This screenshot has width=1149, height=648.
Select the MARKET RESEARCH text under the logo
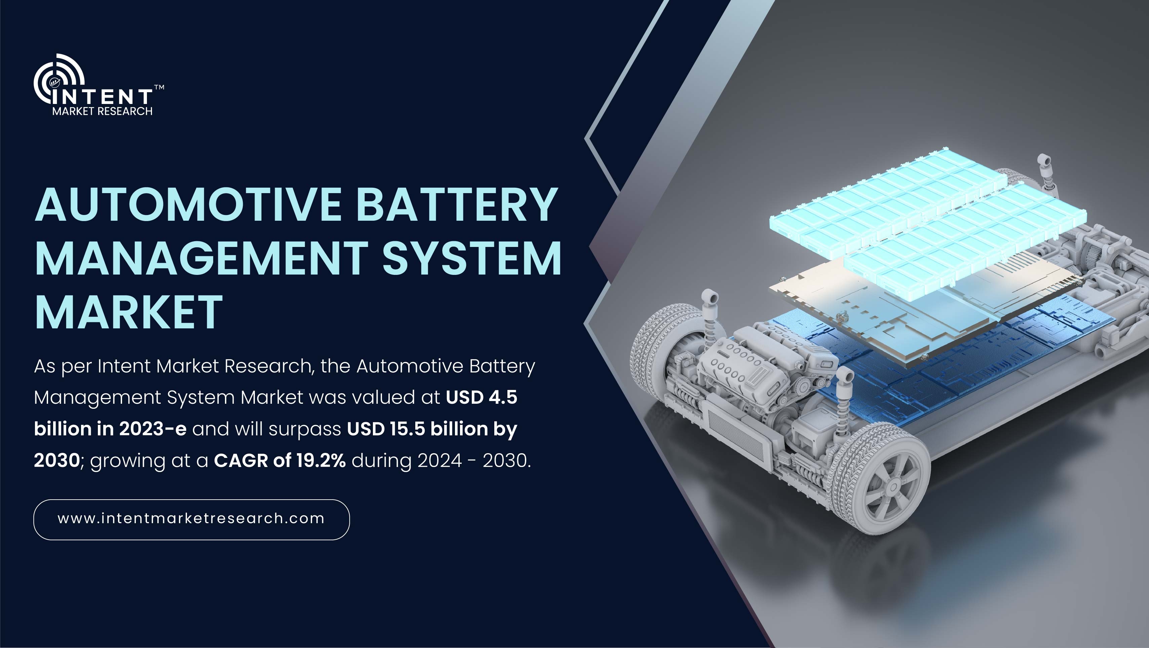coord(102,111)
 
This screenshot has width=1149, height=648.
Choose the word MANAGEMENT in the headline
coord(202,258)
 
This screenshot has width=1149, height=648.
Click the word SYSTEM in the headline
coord(472,258)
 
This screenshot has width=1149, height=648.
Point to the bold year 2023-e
coord(153,429)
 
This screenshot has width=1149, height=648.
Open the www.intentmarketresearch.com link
coord(191,518)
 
